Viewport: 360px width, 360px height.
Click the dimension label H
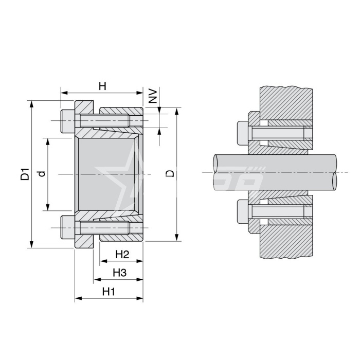pyautogui.click(x=102, y=86)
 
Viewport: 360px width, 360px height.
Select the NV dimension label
pyautogui.click(x=153, y=96)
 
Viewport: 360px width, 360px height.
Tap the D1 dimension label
pyautogui.click(x=25, y=174)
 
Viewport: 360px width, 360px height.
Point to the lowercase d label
pyautogui.click(x=42, y=174)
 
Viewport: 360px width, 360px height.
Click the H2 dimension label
pyautogui.click(x=122, y=255)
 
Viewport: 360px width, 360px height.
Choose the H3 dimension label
pyautogui.click(x=120, y=273)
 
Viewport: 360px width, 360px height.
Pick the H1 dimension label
pyautogui.click(x=109, y=292)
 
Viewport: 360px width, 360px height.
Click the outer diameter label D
pyautogui.click(x=170, y=174)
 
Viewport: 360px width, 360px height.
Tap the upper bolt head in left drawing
pyautogui.click(x=68, y=121)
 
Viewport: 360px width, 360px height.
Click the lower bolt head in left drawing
pyautogui.click(x=68, y=227)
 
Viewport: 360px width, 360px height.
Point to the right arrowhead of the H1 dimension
pyautogui.click(x=140, y=298)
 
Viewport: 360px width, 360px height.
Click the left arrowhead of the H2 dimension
pyautogui.click(x=103, y=261)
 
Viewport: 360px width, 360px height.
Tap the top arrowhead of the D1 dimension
pyautogui.click(x=32, y=104)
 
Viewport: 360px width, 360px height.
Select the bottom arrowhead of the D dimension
pyautogui.click(x=176, y=238)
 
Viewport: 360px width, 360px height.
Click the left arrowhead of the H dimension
pyautogui.click(x=64, y=93)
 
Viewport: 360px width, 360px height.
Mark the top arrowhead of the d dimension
pyautogui.click(x=48, y=141)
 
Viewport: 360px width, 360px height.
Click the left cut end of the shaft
pyautogui.click(x=216, y=172)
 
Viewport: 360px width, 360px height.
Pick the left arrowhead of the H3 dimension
pyautogui.click(x=97, y=280)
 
